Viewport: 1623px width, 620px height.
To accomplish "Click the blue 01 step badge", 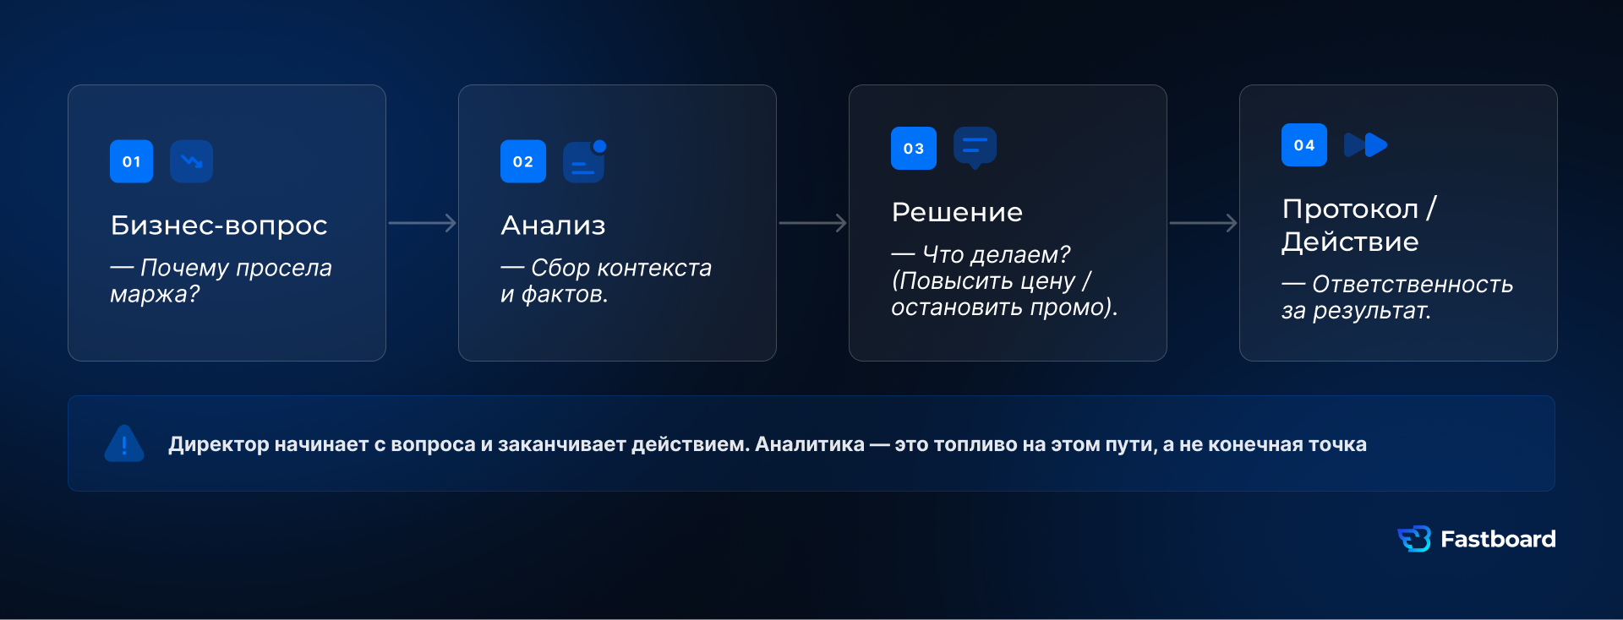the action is pyautogui.click(x=131, y=161).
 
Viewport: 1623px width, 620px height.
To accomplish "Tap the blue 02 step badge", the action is pyautogui.click(x=522, y=161).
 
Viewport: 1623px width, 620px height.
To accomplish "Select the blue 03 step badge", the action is pyautogui.click(x=913, y=148).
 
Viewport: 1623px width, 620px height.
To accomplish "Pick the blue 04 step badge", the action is pyautogui.click(x=1303, y=144).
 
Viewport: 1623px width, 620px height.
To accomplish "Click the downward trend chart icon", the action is pyautogui.click(x=191, y=161).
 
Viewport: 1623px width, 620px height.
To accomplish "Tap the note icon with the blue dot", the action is pyautogui.click(x=584, y=160).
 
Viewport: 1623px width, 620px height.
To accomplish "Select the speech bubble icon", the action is pyautogui.click(x=975, y=148).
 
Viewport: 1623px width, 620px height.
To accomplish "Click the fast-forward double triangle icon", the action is pyautogui.click(x=1365, y=145).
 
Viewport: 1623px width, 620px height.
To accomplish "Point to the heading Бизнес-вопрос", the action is pyautogui.click(x=219, y=226).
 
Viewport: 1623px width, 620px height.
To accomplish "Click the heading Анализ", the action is pyautogui.click(x=553, y=226).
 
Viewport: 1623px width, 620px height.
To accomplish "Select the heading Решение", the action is pyautogui.click(x=957, y=212).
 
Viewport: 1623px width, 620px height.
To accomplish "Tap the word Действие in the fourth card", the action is pyautogui.click(x=1350, y=242).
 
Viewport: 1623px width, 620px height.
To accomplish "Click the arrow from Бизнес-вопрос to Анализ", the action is pyautogui.click(x=423, y=223).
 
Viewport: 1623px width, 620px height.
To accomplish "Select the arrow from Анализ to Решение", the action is pyautogui.click(x=813, y=223).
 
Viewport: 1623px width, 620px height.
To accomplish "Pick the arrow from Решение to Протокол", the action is pyautogui.click(x=1204, y=223).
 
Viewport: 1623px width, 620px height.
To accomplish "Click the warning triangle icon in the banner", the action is pyautogui.click(x=124, y=443).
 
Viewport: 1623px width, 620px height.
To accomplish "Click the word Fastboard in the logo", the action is pyautogui.click(x=1498, y=539).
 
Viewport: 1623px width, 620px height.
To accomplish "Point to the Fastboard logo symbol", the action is pyautogui.click(x=1414, y=539).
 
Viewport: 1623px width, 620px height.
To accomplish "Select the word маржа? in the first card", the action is pyautogui.click(x=155, y=294).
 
